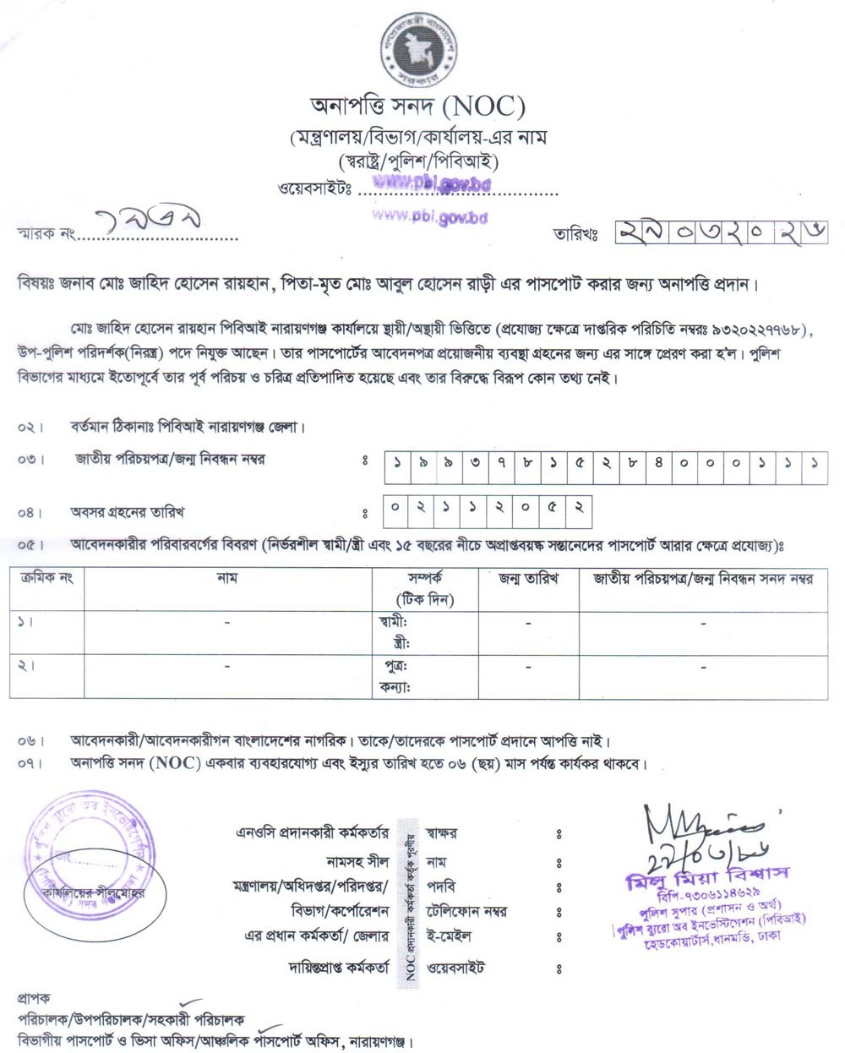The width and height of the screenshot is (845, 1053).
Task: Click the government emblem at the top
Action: coord(419,50)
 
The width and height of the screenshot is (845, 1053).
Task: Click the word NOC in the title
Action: coord(483,107)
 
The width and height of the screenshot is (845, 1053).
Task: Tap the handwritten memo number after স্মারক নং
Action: coord(151,224)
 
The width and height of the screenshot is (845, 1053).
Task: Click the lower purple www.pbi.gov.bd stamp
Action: coord(430,216)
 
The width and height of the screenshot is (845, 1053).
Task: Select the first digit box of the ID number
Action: coord(397,466)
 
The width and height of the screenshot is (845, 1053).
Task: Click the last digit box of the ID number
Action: coord(815,466)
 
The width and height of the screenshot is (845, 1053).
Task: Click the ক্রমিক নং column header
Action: coord(46,578)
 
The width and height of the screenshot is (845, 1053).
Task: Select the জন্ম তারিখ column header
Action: coord(528,579)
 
